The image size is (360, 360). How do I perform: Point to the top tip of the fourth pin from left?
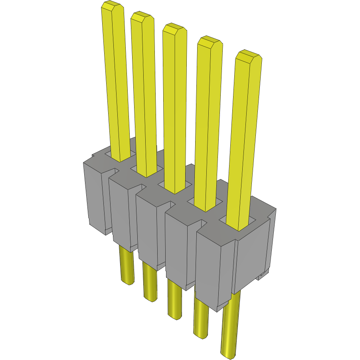(210, 41)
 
